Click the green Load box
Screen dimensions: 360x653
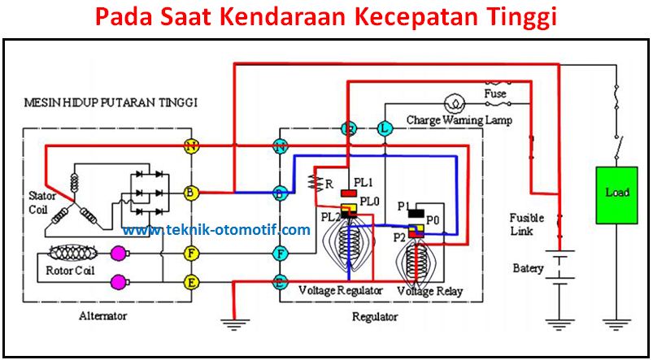(x=616, y=194)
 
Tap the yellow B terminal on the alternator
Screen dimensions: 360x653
(x=191, y=193)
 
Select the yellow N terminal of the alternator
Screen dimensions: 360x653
(x=191, y=146)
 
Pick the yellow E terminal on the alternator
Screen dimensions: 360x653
(x=191, y=282)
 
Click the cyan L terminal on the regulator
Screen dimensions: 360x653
(x=385, y=128)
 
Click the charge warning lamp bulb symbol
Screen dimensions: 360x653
(x=455, y=103)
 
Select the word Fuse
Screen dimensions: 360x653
(x=495, y=93)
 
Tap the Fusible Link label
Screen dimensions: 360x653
(x=526, y=224)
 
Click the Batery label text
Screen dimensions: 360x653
(x=528, y=268)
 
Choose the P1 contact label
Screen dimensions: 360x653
(x=403, y=206)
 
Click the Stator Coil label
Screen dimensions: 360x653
(x=41, y=202)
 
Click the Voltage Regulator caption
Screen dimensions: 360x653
(x=340, y=290)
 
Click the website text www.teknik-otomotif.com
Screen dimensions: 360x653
(x=216, y=230)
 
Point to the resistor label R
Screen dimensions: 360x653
(x=329, y=184)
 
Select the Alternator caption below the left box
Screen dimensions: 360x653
(x=103, y=316)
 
